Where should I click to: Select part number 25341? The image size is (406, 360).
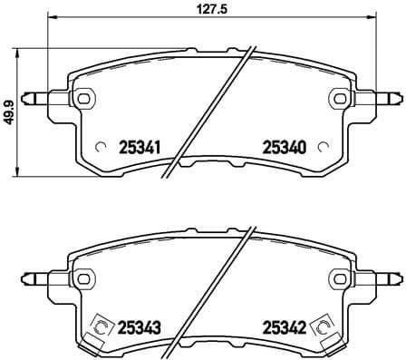(x=140, y=146)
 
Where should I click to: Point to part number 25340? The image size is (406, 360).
(x=283, y=146)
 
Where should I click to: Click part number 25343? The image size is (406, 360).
(x=140, y=328)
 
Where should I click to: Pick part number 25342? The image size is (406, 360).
(x=283, y=328)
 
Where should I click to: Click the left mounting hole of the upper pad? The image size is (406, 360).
(x=83, y=98)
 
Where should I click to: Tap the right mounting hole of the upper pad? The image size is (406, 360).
(x=340, y=98)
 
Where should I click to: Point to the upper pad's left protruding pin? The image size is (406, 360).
(x=36, y=98)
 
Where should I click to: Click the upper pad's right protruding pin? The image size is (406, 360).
(x=387, y=98)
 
